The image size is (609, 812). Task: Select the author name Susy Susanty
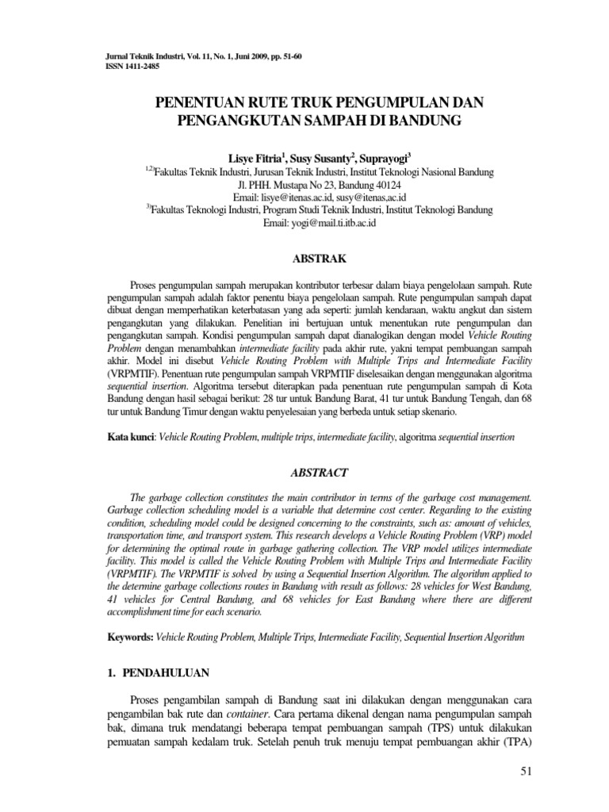[x=324, y=158]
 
